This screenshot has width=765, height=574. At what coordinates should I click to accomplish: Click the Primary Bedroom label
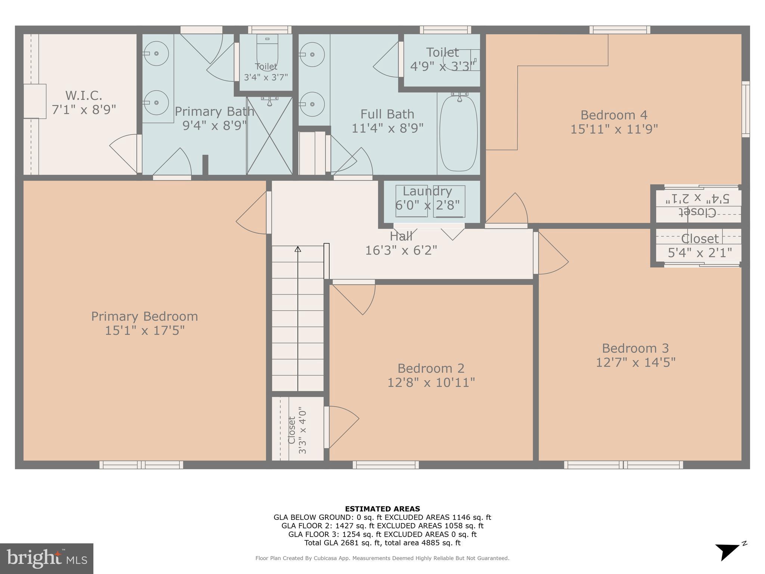[x=145, y=317]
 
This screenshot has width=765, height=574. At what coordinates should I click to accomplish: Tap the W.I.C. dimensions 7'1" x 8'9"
[x=84, y=110]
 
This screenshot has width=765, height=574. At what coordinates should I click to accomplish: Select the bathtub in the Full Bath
[x=458, y=133]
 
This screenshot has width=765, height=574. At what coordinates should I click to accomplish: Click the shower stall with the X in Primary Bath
[x=269, y=135]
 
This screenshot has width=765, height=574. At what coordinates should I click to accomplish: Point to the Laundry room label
[x=427, y=191]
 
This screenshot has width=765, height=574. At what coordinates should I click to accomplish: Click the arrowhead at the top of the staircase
[x=298, y=249]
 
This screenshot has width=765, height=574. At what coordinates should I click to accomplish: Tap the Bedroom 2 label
[x=431, y=368]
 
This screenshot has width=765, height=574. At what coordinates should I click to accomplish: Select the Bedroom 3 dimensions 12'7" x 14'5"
[x=635, y=362]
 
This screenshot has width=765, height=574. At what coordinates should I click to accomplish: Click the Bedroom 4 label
[x=614, y=115]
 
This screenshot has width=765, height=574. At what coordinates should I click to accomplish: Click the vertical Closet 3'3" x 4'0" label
[x=297, y=430]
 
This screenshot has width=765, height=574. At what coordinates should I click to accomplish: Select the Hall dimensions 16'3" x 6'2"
[x=401, y=250]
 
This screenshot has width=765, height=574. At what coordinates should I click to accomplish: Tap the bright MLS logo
[x=47, y=558]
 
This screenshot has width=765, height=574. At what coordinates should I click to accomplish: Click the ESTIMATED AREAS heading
[x=382, y=509]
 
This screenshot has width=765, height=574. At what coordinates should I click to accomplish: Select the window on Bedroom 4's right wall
[x=745, y=109]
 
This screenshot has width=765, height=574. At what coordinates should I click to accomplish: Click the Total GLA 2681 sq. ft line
[x=382, y=543]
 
